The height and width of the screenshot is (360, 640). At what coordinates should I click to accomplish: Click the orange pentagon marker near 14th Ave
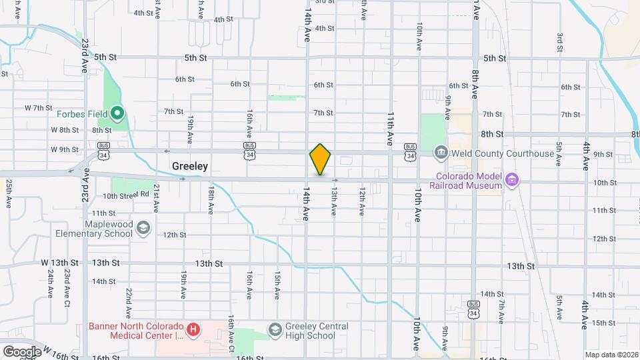(x=320, y=160)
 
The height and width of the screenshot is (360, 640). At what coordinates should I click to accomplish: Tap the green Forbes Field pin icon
(x=117, y=113)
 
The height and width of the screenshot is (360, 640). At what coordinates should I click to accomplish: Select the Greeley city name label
(x=190, y=166)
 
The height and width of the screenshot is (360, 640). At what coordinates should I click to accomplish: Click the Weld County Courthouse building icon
(x=440, y=153)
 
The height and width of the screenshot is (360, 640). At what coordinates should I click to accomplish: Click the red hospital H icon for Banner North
(x=193, y=329)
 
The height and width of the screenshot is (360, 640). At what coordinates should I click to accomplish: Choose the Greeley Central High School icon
(x=275, y=330)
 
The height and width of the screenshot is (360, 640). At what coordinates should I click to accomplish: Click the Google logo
(x=22, y=351)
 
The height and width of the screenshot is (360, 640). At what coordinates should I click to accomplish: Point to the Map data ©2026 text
(x=611, y=355)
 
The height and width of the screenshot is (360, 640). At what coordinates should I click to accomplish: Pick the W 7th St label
(x=38, y=107)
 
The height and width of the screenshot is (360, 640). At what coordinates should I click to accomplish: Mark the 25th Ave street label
(x=9, y=194)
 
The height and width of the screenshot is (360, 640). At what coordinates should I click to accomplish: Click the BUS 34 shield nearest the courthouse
(x=410, y=151)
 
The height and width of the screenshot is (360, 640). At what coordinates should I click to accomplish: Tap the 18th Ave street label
(x=210, y=200)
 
